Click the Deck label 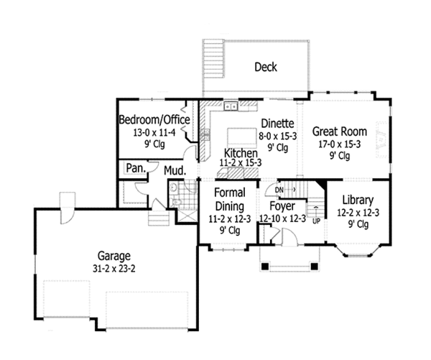265,68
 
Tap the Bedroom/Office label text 154,119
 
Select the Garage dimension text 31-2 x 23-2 115,268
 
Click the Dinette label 277,123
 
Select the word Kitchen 240,154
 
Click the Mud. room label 175,171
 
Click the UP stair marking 316,221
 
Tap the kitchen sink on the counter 231,107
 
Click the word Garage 115,256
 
